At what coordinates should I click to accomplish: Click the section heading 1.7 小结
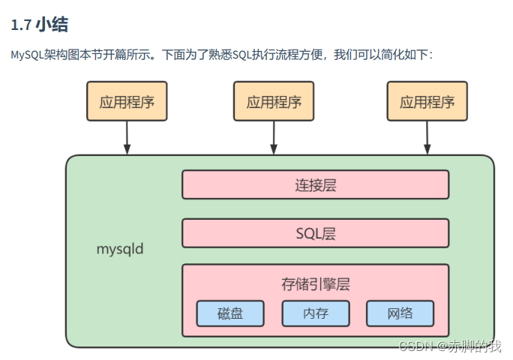40,25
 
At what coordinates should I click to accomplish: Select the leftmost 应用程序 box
127,101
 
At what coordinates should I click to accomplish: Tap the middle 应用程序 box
273,101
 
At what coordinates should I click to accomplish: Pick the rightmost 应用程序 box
427,101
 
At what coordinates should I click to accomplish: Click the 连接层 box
315,184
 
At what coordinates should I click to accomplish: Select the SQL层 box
315,232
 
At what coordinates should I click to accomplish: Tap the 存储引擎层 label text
315,284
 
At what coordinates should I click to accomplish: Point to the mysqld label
120,249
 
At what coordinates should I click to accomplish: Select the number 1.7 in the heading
20,25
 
